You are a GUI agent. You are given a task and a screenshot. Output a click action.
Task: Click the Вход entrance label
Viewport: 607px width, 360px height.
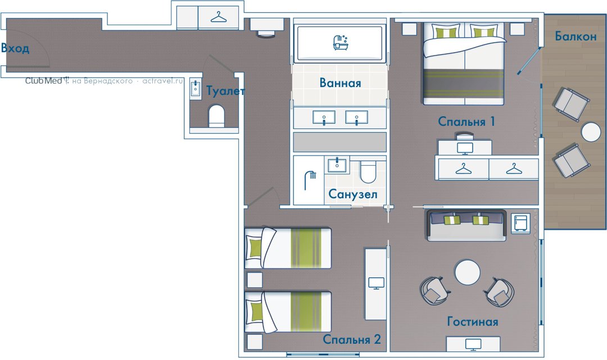pos(15,48)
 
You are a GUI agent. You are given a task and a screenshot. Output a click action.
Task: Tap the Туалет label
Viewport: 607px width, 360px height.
pos(225,91)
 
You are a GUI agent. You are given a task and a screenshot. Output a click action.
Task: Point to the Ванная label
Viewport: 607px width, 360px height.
pos(340,83)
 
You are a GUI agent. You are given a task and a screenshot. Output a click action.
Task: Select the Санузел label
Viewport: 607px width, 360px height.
pos(352,194)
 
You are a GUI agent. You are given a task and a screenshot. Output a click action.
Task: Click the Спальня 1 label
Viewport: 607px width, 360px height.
pos(466,121)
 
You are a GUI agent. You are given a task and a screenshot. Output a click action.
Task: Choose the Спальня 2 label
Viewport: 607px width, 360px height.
pos(352,339)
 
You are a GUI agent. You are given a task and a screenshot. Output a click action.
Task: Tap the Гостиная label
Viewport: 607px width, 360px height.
pos(473,321)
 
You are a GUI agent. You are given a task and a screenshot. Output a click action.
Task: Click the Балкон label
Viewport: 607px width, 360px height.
pos(576,36)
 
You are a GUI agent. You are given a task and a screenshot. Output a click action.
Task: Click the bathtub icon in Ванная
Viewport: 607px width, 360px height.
pos(341,43)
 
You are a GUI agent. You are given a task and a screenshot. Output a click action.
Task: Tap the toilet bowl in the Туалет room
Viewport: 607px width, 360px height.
pos(217,116)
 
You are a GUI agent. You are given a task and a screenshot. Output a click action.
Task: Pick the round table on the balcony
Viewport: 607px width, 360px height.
pos(591,132)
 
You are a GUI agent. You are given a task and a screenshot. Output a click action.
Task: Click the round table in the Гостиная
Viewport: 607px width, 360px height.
pos(467,272)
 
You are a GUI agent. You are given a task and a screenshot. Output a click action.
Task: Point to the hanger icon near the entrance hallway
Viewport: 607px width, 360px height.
pos(218,17)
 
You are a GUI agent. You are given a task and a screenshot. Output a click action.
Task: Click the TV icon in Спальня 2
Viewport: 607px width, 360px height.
pos(376,283)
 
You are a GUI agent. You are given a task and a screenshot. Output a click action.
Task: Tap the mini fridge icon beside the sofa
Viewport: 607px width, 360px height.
pos(520,223)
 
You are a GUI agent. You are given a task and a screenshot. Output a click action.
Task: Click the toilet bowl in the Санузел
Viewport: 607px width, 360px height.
pos(368,171)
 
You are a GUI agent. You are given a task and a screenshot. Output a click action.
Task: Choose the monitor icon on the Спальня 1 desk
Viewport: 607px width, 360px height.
pos(465,148)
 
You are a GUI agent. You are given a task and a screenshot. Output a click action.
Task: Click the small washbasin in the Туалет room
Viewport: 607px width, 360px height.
pos(196,89)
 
